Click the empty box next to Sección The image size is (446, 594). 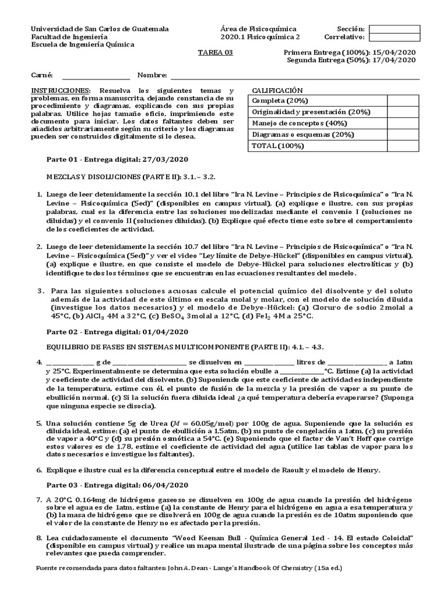point(394,29)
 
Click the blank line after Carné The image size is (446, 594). point(96,75)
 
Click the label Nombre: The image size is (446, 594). point(152,75)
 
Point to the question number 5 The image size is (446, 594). point(39,425)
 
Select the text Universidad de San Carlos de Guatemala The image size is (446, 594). point(100,29)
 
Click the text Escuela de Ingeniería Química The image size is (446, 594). point(82,44)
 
